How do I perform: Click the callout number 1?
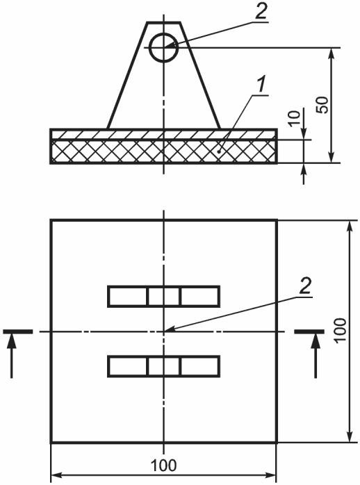[261, 85]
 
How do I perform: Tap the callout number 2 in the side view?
[261, 13]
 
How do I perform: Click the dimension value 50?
[322, 105]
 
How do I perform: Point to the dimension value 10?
[295, 118]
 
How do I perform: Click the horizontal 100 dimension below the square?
[163, 465]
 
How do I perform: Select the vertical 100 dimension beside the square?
[340, 330]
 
